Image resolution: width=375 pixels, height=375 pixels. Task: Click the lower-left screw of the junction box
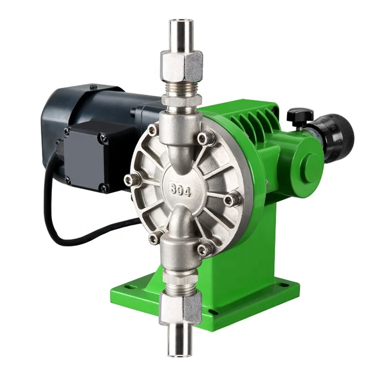click(67, 179)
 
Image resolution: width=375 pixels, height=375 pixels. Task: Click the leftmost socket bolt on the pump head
click(130, 180)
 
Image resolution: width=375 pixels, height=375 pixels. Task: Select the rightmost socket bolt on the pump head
click(230, 200)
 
